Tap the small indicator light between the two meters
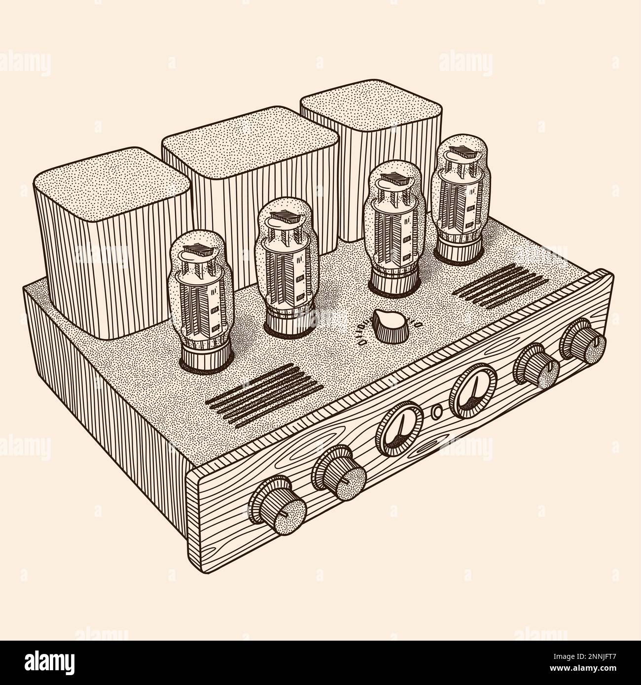[435, 412]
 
